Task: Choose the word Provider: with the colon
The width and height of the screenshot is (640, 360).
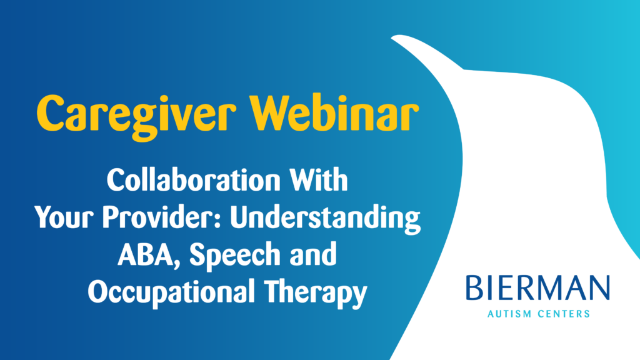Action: [x=167, y=219]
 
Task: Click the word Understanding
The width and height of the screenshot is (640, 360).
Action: [x=332, y=219]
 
